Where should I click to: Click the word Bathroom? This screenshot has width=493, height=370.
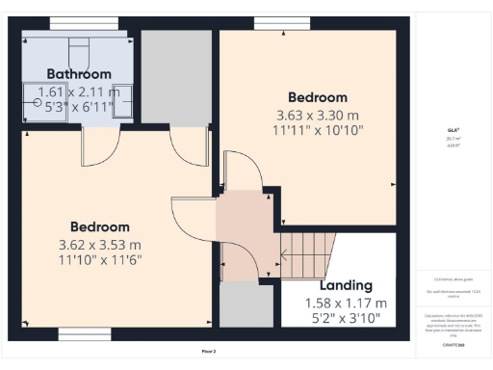[x=79, y=73]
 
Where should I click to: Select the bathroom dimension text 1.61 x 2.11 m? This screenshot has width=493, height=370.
[x=79, y=92]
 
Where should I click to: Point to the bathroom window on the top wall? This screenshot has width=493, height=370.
[x=77, y=23]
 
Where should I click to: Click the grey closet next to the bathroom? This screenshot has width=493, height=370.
[x=176, y=77]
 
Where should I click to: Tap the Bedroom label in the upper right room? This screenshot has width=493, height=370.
[x=318, y=97]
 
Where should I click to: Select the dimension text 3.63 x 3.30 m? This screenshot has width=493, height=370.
[x=318, y=115]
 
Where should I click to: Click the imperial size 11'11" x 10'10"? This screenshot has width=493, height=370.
[x=318, y=130]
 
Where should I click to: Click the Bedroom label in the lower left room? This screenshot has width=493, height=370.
[x=99, y=226]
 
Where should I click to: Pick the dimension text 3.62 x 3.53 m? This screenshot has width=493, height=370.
[x=99, y=244]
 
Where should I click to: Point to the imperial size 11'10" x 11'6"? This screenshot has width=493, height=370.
[x=99, y=259]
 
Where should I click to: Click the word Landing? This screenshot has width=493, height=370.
[x=346, y=285]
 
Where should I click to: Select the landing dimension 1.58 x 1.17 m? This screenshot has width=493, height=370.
[x=346, y=303]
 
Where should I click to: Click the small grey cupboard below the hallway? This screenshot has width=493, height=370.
[x=246, y=305]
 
